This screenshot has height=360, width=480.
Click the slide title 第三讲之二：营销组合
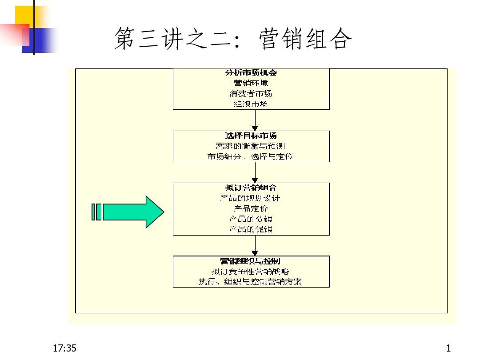pos(233,39)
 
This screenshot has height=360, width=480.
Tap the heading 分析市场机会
pos(251,73)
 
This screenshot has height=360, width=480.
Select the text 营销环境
pos(251,83)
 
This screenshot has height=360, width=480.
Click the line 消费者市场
pos(251,94)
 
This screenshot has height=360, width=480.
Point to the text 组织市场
pos(251,104)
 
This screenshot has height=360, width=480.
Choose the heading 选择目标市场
pos(251,136)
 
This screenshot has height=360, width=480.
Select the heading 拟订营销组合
pos(251,188)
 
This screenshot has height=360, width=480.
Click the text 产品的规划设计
pos(251,198)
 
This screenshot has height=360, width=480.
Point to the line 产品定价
pos(251,208)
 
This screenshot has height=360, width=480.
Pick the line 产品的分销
pos(251,219)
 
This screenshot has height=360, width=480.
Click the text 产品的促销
pos(251,229)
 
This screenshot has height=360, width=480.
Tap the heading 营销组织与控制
pos(251,261)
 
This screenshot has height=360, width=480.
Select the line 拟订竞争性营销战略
pos(251,271)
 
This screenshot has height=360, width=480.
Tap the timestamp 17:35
pos(64,348)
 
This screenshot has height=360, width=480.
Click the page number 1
pos(448,348)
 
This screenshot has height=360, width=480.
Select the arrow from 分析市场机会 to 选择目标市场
pos(256,120)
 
